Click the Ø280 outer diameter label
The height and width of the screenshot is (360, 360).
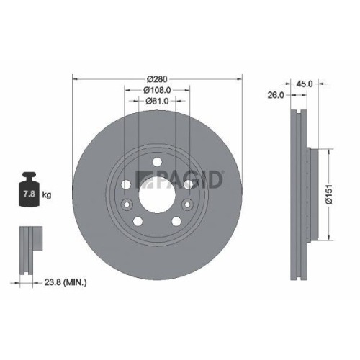(157, 78)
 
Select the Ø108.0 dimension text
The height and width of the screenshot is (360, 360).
(157, 90)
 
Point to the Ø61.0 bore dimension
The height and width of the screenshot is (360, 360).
(156, 102)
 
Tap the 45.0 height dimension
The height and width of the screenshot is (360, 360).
(305, 84)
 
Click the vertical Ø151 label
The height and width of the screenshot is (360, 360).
(329, 194)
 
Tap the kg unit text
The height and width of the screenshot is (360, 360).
(47, 194)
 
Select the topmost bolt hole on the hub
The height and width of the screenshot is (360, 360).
(156, 162)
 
